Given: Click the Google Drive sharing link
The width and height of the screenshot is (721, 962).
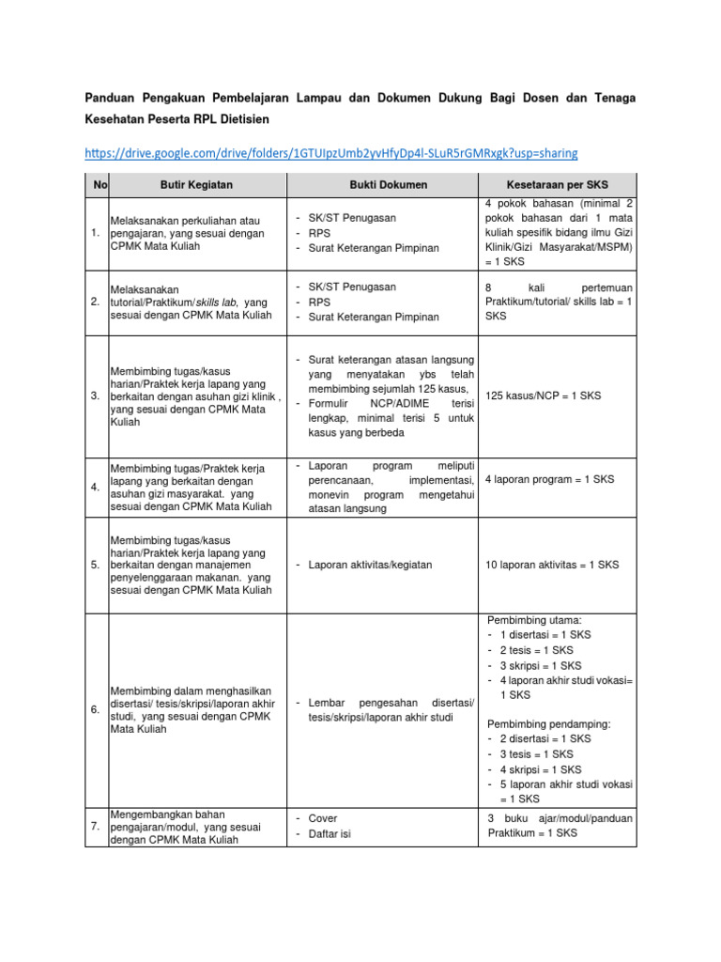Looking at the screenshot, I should (x=330, y=152).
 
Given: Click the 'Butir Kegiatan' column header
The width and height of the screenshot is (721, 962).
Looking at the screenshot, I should (x=196, y=185).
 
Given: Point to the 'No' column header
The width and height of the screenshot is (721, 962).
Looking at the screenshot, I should (x=97, y=185).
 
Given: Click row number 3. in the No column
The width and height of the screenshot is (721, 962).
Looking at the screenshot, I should (x=96, y=396).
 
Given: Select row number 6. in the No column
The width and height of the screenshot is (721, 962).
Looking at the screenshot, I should (x=96, y=709).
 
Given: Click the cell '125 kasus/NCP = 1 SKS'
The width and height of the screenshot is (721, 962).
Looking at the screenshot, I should (x=543, y=396).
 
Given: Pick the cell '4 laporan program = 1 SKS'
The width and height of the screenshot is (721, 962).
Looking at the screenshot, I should (x=549, y=479).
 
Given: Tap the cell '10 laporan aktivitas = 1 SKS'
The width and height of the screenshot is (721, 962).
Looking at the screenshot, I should (x=553, y=565).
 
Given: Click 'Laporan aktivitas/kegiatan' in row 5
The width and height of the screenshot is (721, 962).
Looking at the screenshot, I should (x=369, y=565).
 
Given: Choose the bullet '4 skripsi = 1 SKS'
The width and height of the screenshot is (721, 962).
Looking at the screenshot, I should (x=540, y=768).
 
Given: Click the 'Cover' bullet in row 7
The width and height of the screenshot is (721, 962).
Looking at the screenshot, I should (x=323, y=818).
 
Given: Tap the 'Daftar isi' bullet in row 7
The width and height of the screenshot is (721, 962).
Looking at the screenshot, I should (x=330, y=834).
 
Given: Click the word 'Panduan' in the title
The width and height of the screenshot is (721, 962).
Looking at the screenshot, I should (x=110, y=97).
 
